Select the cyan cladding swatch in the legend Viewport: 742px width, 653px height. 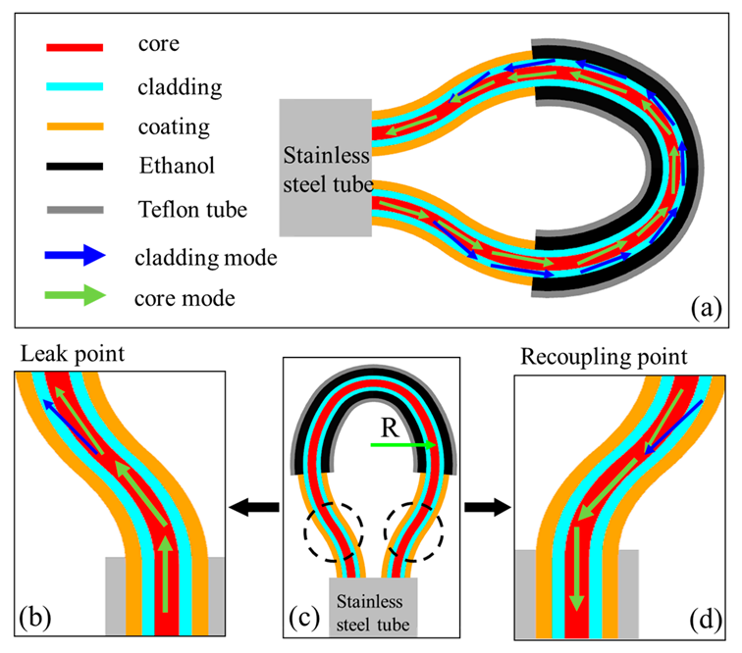[x=73, y=87]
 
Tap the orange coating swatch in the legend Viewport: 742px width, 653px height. [x=73, y=127]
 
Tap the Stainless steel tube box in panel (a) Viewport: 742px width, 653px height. [x=325, y=168]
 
